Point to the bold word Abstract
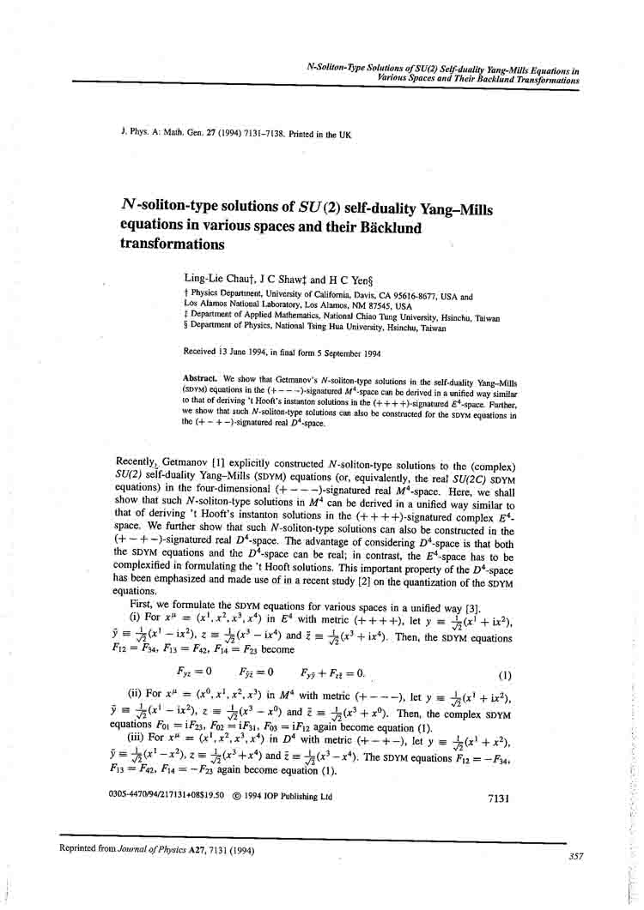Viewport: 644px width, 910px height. click(x=201, y=378)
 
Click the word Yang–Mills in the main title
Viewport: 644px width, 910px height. click(x=440, y=208)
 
